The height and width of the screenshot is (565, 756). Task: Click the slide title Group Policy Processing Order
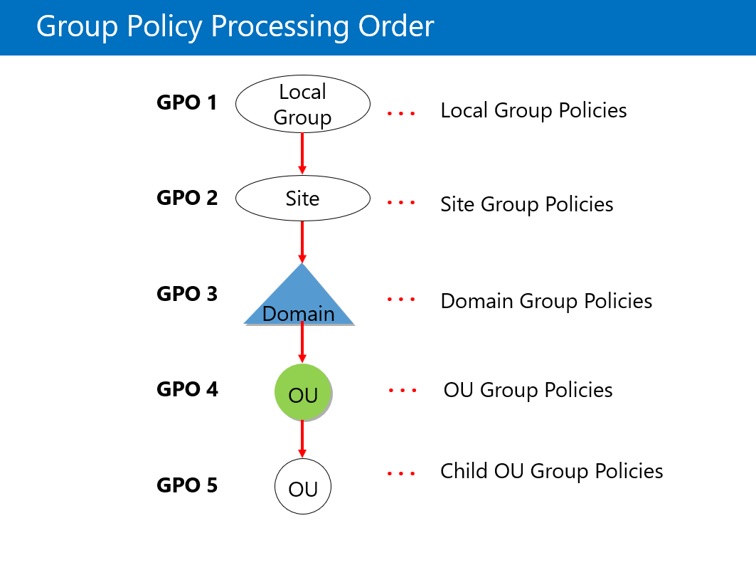click(x=235, y=26)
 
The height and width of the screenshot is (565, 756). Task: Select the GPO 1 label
click(x=186, y=102)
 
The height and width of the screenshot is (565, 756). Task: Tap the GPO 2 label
click(x=187, y=198)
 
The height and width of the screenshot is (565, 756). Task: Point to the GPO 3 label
click(x=187, y=294)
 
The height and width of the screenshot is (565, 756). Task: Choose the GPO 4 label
click(x=187, y=389)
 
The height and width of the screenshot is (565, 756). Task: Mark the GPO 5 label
click(x=187, y=485)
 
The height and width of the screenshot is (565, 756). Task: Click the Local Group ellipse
click(x=303, y=104)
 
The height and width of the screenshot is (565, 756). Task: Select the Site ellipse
click(x=303, y=199)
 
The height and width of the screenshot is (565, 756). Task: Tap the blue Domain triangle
click(x=300, y=295)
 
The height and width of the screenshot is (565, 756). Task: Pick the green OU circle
click(x=303, y=392)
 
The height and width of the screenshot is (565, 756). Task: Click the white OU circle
click(x=303, y=486)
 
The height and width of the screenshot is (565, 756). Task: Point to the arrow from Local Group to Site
click(x=302, y=154)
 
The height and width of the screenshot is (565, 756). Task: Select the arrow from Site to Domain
click(x=302, y=242)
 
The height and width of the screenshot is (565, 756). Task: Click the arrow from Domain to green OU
click(x=302, y=342)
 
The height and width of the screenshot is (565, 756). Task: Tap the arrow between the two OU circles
click(x=302, y=439)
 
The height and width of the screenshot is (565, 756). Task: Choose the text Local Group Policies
click(x=533, y=110)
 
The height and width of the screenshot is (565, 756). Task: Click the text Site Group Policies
click(x=527, y=204)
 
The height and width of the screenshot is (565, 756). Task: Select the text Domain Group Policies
click(x=546, y=301)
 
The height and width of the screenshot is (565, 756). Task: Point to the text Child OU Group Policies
click(x=552, y=471)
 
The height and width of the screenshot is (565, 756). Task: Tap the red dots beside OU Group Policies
click(x=403, y=391)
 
